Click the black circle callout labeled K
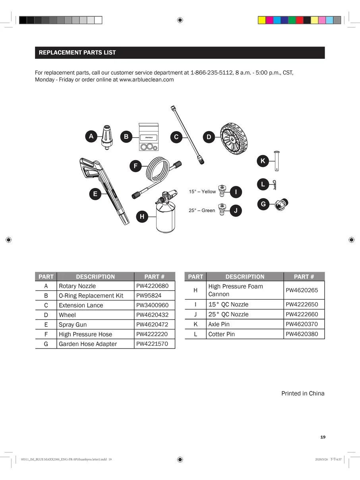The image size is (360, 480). (263, 161)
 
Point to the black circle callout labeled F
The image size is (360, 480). (135, 166)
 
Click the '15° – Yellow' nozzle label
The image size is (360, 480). (202, 192)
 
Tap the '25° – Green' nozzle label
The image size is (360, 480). (202, 211)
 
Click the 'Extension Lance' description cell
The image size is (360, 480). (81, 305)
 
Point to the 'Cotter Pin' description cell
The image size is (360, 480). (221, 334)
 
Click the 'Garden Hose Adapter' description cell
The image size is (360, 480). (88, 344)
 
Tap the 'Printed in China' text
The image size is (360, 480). (303, 393)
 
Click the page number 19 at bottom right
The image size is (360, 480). (323, 437)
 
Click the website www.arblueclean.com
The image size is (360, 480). (147, 79)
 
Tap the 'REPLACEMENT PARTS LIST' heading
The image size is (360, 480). (77, 52)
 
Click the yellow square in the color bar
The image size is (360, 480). (262, 20)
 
